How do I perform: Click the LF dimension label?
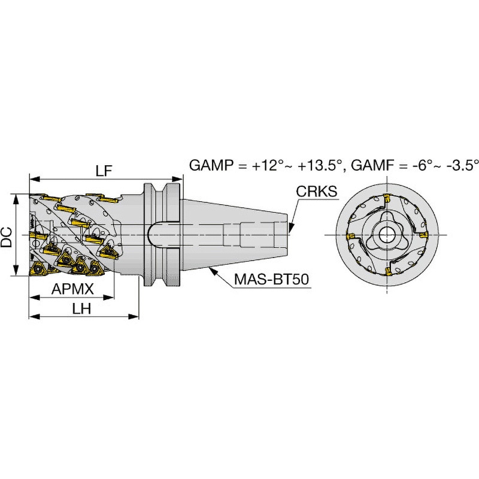click(x=104, y=171)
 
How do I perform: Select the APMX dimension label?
click(x=72, y=289)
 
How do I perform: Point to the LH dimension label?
click(x=81, y=309)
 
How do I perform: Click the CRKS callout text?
click(x=317, y=192)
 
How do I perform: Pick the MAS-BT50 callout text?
click(x=272, y=279)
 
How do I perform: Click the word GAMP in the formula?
click(x=211, y=165)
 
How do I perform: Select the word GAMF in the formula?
click(x=372, y=165)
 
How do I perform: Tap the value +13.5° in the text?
click(x=320, y=165)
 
